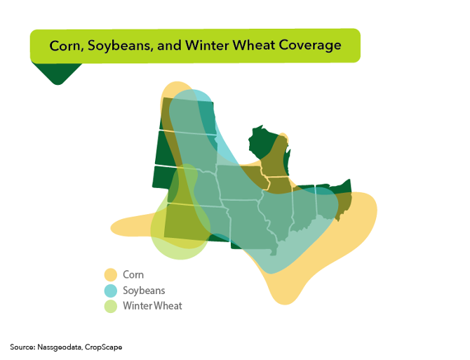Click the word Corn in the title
tap(65, 45)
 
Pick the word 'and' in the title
tap(167, 45)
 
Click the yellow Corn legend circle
tap(110, 274)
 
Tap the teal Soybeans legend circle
tap(110, 290)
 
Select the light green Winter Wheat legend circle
tap(110, 305)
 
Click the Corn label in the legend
tap(133, 274)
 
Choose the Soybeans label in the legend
tap(144, 290)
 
